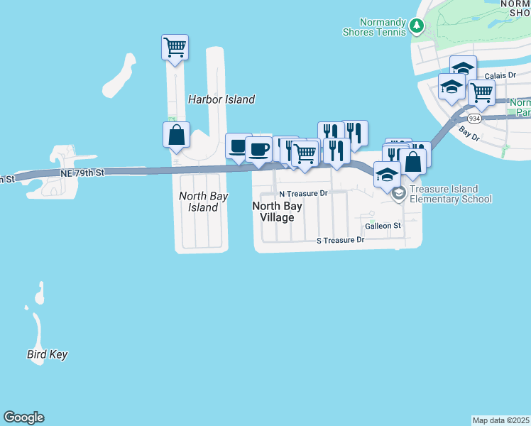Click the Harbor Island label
click(x=221, y=99)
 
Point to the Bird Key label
click(x=48, y=354)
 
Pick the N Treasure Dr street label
click(x=303, y=193)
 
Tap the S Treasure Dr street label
click(x=340, y=241)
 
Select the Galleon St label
click(x=383, y=226)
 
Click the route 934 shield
click(x=475, y=118)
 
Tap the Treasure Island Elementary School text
click(x=450, y=194)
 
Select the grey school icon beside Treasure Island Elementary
click(x=399, y=193)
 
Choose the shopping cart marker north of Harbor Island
click(x=175, y=48)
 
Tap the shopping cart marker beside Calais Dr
click(x=481, y=92)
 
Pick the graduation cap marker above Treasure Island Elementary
click(x=387, y=174)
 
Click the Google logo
click(x=23, y=417)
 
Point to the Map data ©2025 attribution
click(x=501, y=420)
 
